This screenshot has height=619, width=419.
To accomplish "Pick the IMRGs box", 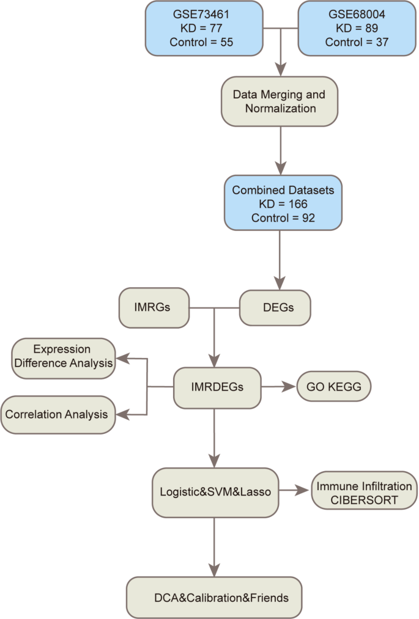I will pos(153,306).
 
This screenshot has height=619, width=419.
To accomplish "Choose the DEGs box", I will pos(275,307).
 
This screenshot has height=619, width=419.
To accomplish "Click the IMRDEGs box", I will pos(217,387).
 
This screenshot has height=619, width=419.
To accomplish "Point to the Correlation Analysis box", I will pos(57,414).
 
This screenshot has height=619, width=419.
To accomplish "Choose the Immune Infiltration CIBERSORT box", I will pos(364,493).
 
